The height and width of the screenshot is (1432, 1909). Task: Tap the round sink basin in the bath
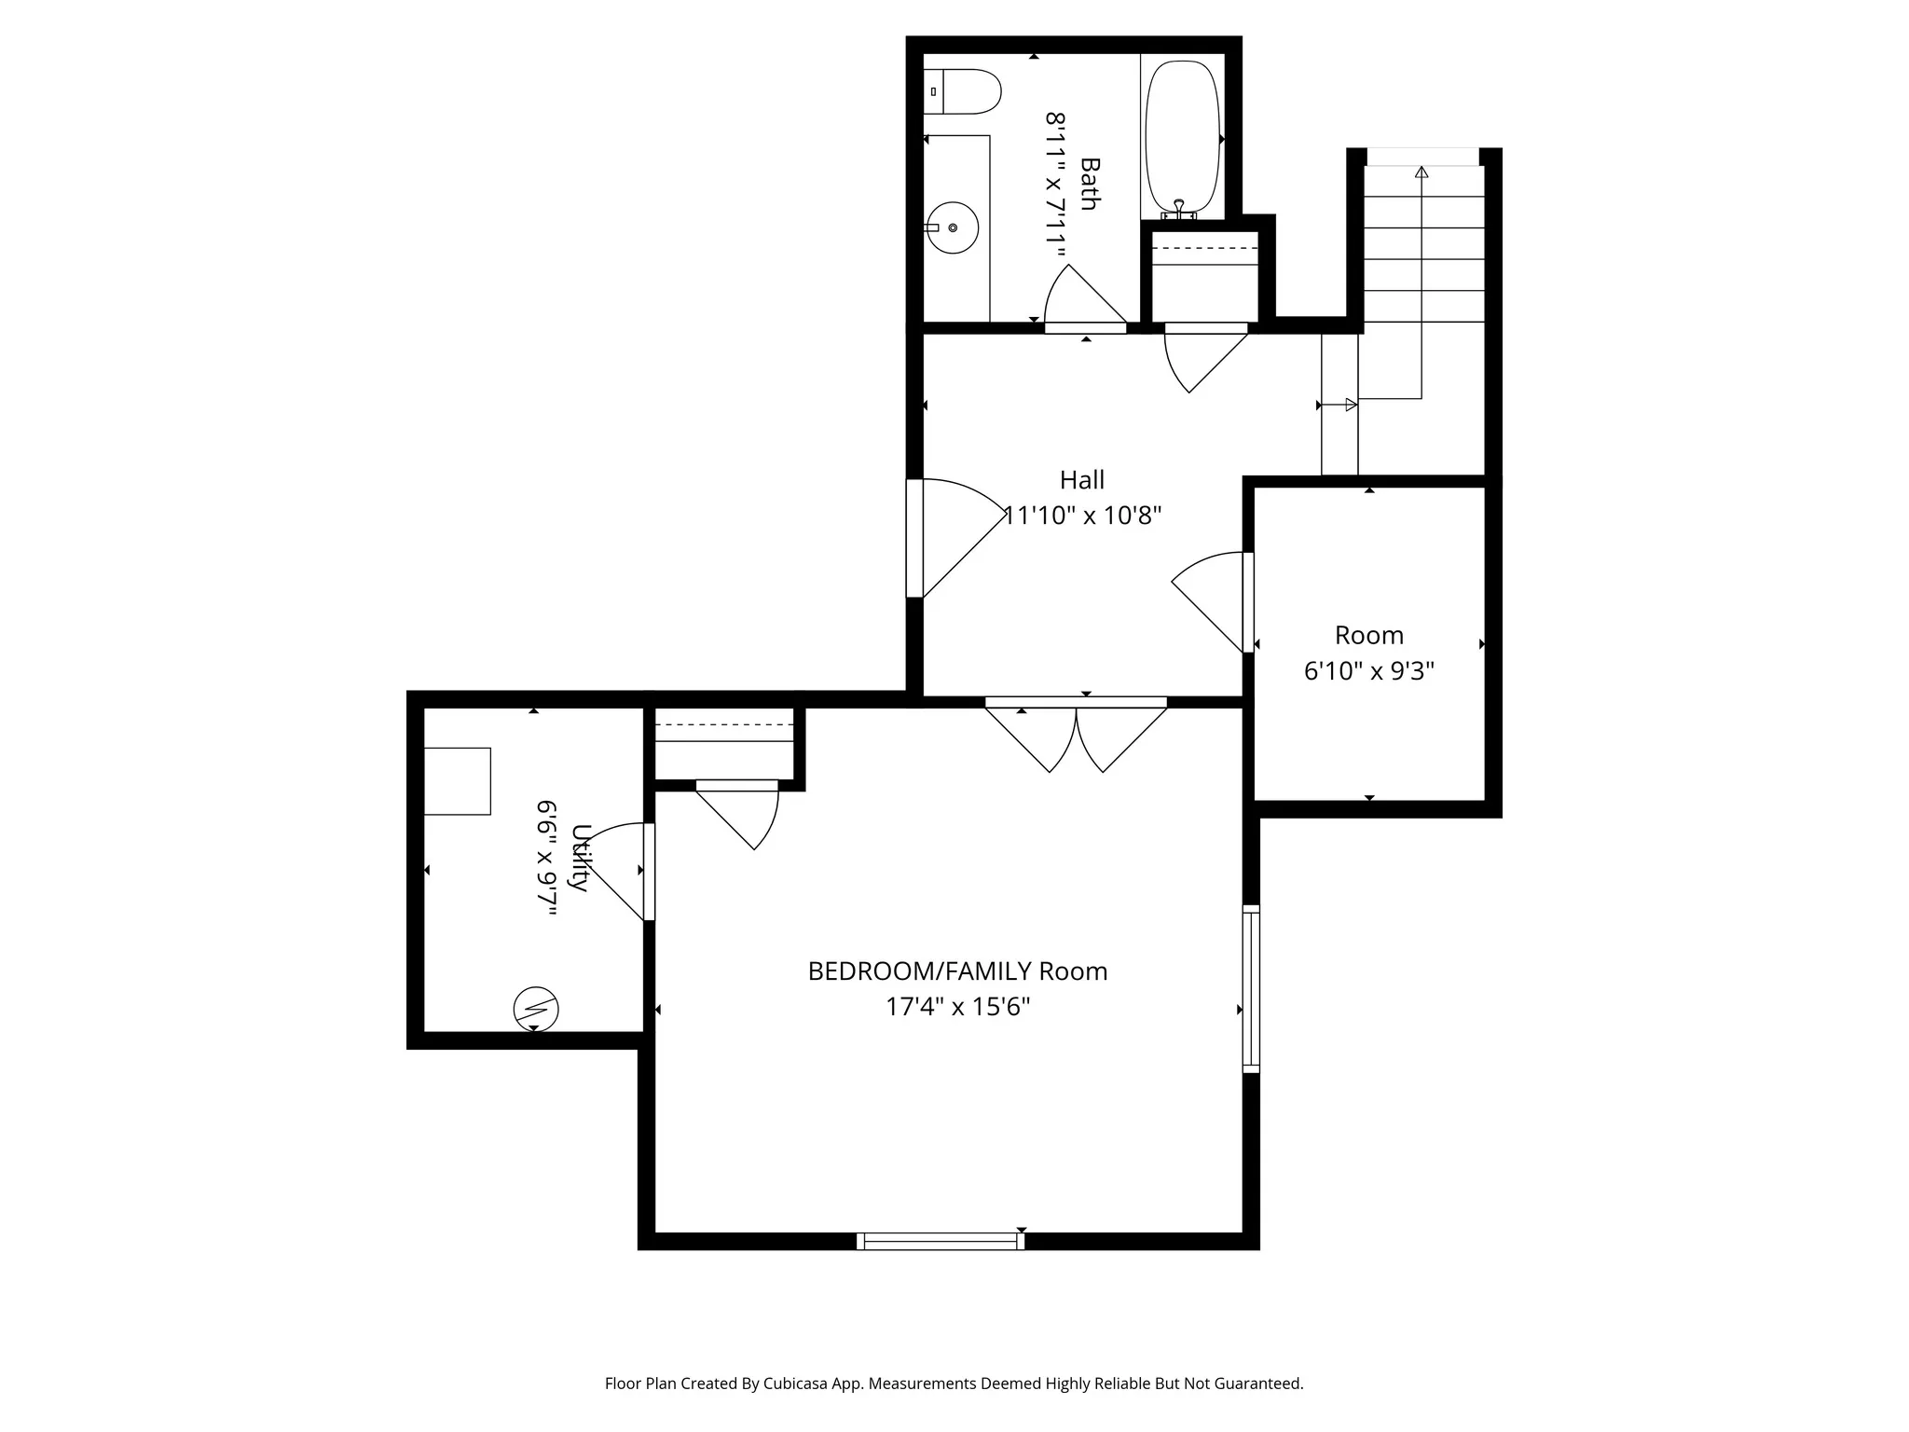pos(953,227)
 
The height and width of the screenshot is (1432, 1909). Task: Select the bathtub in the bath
pos(1182,136)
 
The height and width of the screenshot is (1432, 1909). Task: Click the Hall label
pos(1081,480)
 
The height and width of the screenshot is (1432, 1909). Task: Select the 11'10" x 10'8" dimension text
pos(1083,516)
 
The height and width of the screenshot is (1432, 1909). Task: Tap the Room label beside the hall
pos(1368,636)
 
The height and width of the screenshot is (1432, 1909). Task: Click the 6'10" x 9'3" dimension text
pos(1368,671)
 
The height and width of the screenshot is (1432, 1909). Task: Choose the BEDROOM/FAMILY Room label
pos(957,971)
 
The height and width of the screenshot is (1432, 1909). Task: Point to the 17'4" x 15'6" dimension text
pos(957,1007)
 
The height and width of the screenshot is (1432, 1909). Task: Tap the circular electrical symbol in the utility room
pos(536,1009)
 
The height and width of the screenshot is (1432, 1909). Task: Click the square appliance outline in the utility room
pos(457,781)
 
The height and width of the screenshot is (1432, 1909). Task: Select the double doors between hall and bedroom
pos(1076,737)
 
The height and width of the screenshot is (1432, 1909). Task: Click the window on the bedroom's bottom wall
pos(941,1241)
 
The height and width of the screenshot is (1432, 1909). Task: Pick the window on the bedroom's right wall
pos(1251,988)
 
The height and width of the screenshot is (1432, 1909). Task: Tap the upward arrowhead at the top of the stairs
pos(1421,172)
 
